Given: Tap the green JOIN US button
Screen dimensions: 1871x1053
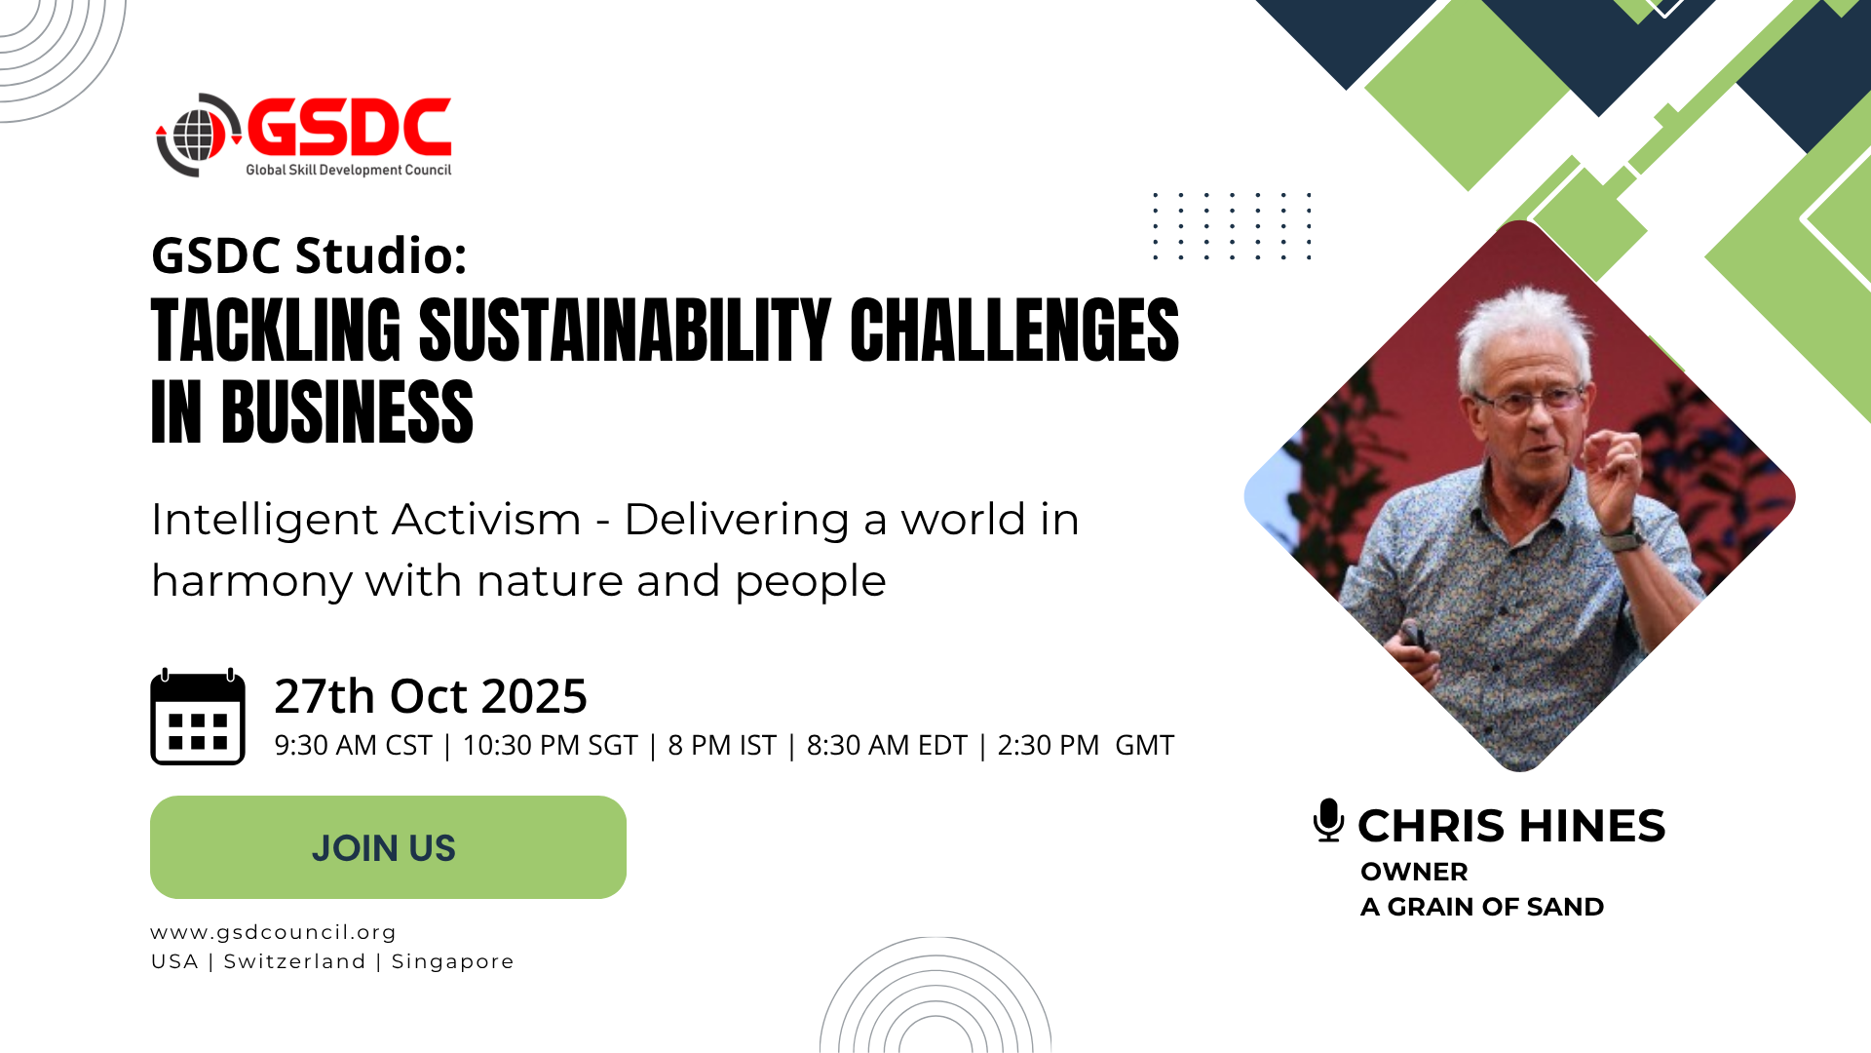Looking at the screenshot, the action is point(388,847).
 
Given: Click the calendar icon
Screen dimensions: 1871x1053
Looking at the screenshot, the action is point(198,717).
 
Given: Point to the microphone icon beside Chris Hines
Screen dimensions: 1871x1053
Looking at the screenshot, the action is point(1328,820).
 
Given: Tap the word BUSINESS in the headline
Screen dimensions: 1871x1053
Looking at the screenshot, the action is point(347,412).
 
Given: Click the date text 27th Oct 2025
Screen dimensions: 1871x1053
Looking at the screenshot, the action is point(431,696).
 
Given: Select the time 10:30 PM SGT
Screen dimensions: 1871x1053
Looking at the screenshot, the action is point(550,745).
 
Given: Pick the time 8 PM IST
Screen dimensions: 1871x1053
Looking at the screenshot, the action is point(722,745).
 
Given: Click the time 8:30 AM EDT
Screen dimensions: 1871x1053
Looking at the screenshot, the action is point(887,745).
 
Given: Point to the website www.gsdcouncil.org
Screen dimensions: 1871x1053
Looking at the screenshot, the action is point(274,933).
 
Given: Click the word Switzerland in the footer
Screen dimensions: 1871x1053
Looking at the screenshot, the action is point(295,961).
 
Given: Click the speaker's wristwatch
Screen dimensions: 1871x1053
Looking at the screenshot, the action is point(1623,535).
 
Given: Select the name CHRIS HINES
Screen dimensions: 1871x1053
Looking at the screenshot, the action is point(1511,826).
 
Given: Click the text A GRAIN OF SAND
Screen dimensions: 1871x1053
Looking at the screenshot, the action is point(1482,907).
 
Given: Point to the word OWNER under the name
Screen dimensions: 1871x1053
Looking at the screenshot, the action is point(1414,872).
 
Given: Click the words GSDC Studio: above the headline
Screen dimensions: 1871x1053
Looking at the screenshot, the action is point(310,255).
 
